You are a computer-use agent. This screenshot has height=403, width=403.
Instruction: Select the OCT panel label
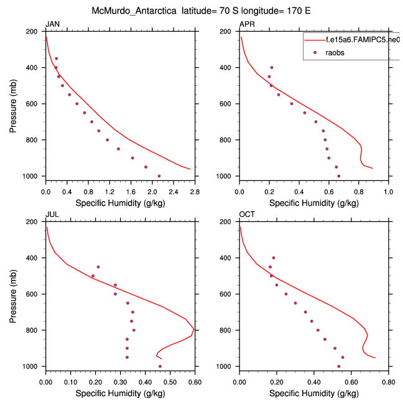tap(247, 215)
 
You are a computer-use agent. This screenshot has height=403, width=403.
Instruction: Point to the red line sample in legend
tap(313, 39)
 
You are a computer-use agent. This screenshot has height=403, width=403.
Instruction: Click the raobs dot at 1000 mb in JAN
tap(159, 176)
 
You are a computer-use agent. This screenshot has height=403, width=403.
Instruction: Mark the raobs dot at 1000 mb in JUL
tap(160, 366)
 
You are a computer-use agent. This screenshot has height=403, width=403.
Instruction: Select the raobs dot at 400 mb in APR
tap(272, 67)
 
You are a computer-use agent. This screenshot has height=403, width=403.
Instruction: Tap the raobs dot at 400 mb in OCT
tap(273, 257)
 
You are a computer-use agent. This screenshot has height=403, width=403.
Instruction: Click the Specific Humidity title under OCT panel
tap(313, 393)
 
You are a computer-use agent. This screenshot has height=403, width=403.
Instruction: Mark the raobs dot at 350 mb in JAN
tap(56, 58)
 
